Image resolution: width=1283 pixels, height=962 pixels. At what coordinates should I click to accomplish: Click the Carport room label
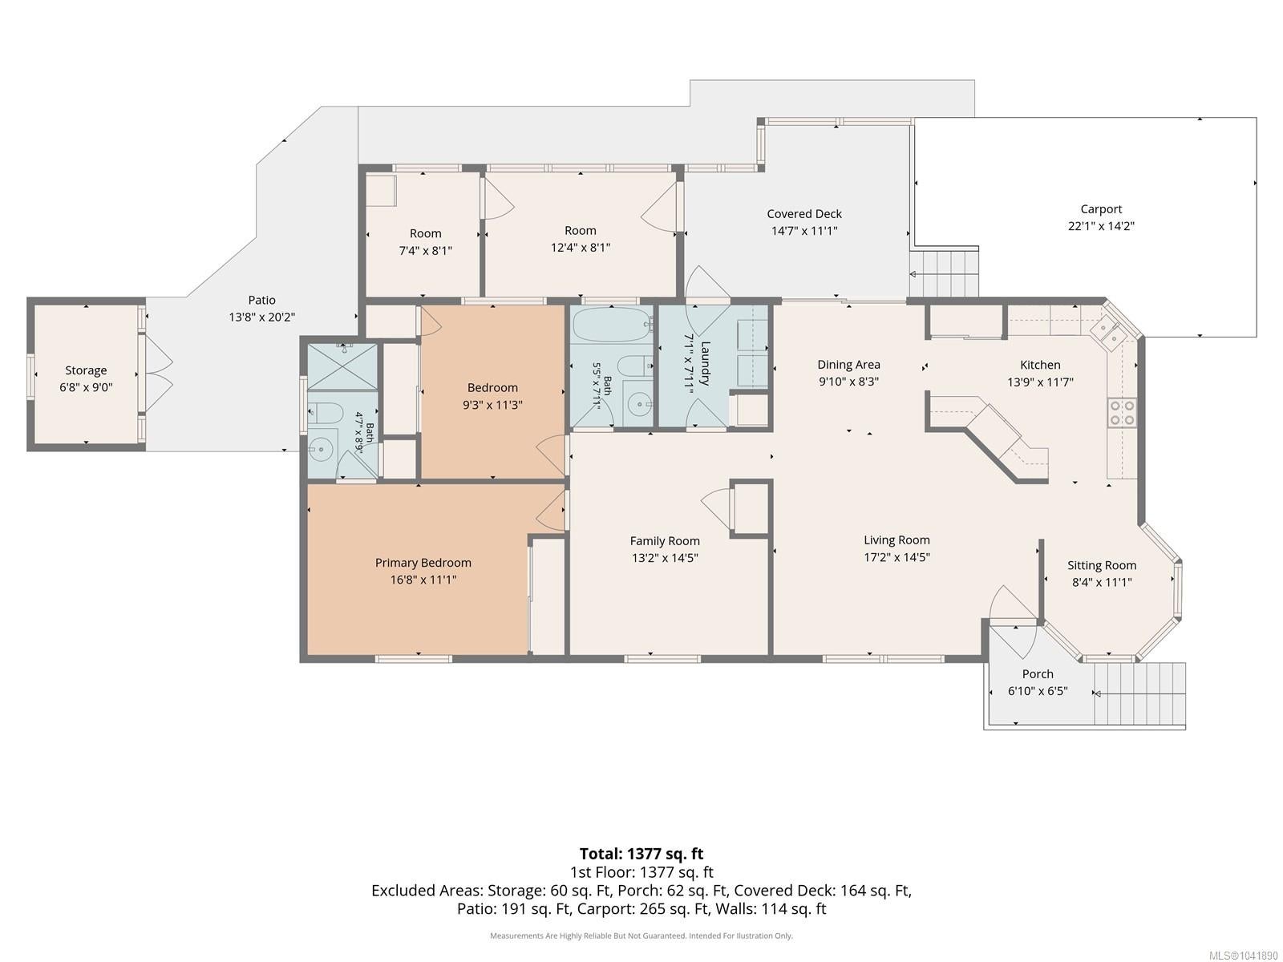[1101, 209]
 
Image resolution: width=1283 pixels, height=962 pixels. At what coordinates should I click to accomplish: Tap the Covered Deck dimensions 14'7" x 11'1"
[804, 231]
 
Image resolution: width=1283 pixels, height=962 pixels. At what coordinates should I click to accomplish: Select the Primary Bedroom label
[423, 563]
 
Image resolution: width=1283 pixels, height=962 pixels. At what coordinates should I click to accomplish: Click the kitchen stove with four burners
[1122, 413]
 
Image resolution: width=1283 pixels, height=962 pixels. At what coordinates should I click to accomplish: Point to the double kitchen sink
[1107, 333]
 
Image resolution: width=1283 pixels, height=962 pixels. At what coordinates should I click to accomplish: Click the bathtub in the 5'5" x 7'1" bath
[611, 325]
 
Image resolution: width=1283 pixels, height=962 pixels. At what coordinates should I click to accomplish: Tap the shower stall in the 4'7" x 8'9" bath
[342, 367]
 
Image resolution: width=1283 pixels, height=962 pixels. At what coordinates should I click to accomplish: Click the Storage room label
[86, 370]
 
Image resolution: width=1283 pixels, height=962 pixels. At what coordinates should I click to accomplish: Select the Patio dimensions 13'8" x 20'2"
[262, 317]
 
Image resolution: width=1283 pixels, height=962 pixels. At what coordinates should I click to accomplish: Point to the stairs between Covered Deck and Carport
[944, 273]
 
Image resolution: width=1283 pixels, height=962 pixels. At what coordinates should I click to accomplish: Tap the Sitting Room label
[1102, 565]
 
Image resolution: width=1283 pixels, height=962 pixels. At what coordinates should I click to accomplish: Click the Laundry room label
[706, 363]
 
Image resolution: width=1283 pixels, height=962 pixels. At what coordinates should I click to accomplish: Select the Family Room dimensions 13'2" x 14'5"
[665, 558]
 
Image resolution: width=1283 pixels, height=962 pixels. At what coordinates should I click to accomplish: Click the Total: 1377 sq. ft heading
[641, 854]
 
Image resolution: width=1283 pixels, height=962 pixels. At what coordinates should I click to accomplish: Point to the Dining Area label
[848, 365]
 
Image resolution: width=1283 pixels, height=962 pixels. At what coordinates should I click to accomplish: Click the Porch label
[1038, 673]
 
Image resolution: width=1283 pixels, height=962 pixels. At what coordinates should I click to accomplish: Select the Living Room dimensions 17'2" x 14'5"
[896, 557]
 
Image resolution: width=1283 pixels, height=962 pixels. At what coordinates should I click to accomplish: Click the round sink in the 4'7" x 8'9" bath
[320, 451]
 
